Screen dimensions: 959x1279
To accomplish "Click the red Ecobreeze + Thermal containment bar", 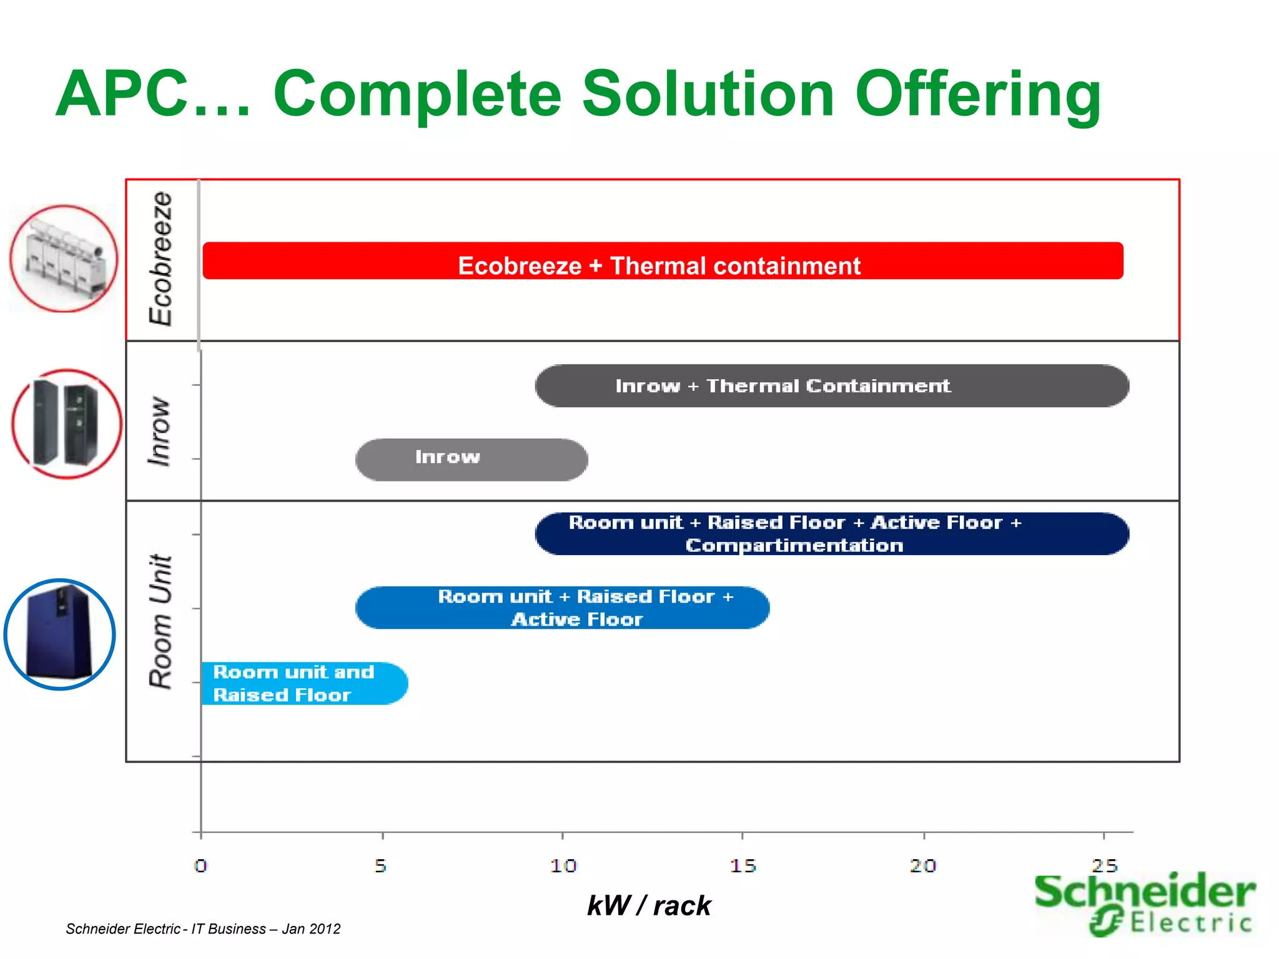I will click(x=662, y=261).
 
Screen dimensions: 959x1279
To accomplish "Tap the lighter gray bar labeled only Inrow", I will click(x=472, y=460).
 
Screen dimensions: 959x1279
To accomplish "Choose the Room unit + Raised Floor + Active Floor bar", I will click(x=562, y=607).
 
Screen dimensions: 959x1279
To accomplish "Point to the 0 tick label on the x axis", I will click(x=200, y=866).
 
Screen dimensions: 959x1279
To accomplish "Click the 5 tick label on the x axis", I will click(x=381, y=866).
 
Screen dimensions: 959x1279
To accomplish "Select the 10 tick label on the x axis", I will click(x=563, y=866).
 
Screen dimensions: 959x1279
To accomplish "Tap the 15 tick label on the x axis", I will click(x=743, y=866).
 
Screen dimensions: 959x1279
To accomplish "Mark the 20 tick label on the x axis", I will click(x=923, y=866).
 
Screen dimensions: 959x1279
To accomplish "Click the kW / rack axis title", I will click(x=649, y=906).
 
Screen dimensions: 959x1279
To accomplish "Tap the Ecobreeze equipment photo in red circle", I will click(x=64, y=258).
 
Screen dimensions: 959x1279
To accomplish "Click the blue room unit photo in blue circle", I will click(x=60, y=634).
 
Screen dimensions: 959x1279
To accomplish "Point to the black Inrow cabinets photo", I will click(x=66, y=425).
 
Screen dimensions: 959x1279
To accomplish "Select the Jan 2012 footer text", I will click(x=311, y=929).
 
